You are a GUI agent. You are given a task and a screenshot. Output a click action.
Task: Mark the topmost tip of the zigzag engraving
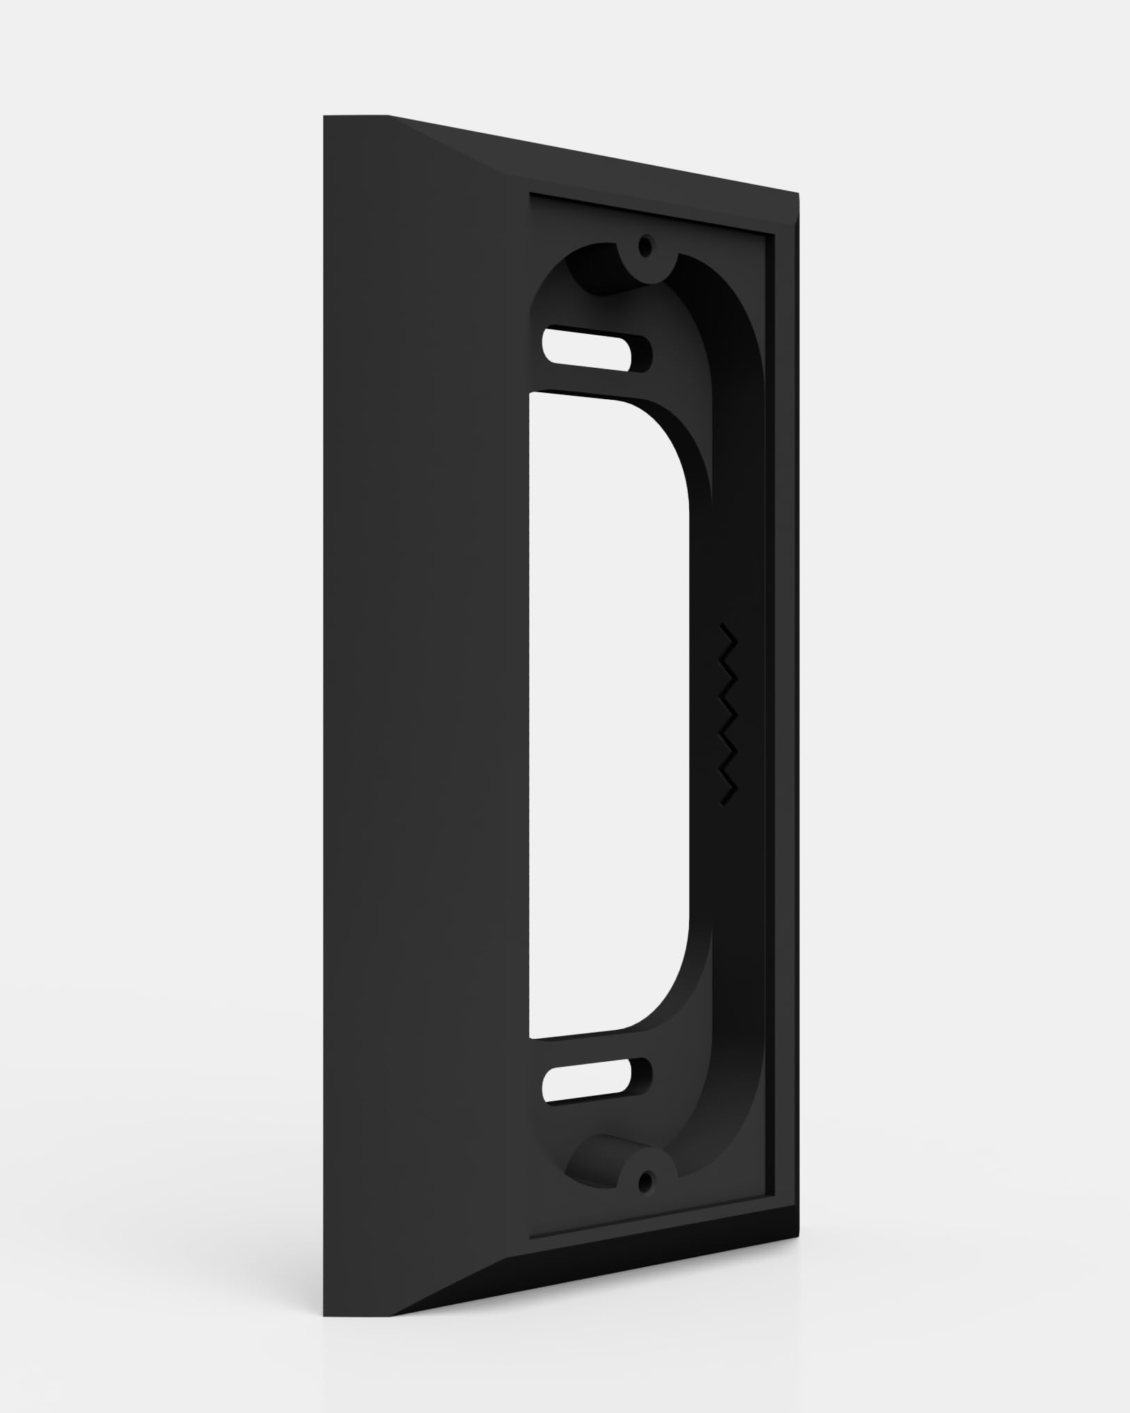coord(723,627)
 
